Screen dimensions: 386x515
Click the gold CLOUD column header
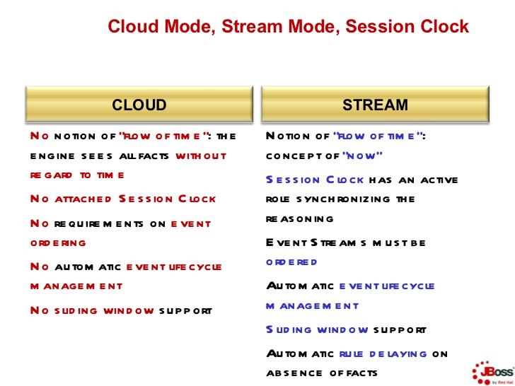point(139,105)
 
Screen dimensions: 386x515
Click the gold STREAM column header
point(375,105)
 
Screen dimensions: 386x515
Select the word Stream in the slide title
point(249,27)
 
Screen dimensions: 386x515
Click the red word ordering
point(58,242)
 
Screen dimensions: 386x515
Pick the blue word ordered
point(291,262)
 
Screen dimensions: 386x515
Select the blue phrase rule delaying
point(383,353)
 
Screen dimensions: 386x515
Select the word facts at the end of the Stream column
point(359,373)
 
